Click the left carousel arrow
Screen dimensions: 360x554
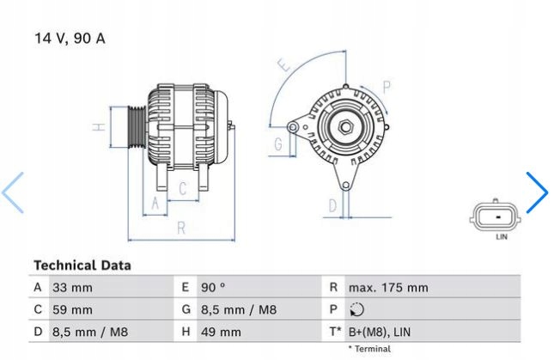pyautogui.click(x=14, y=192)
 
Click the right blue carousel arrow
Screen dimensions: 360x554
pyautogui.click(x=537, y=192)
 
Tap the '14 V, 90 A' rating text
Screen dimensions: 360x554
pyautogui.click(x=70, y=39)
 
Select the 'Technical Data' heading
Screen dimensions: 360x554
pyautogui.click(x=82, y=265)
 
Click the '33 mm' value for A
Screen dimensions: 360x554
pyautogui.click(x=72, y=288)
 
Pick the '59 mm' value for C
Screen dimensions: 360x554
pyautogui.click(x=72, y=309)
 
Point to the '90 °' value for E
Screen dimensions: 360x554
pyautogui.click(x=214, y=288)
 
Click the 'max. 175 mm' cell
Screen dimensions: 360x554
pyautogui.click(x=387, y=288)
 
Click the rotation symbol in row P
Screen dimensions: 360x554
pyautogui.click(x=357, y=309)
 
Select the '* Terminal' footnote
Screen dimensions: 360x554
pyautogui.click(x=368, y=350)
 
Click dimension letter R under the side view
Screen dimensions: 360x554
pyautogui.click(x=181, y=228)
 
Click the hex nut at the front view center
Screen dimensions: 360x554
pyautogui.click(x=344, y=128)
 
